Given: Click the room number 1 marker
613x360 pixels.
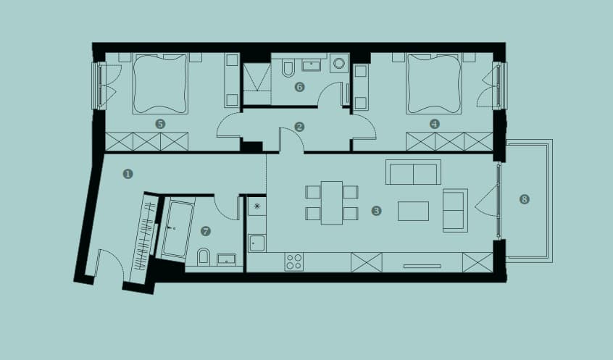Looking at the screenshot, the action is coord(128,174).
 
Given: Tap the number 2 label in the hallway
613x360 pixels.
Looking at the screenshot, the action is coord(299,127).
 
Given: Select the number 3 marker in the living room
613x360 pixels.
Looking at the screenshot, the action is coord(376,211).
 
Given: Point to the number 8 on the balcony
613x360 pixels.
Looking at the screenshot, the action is coord(525,199).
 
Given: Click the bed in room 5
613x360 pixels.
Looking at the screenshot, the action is coord(160,83).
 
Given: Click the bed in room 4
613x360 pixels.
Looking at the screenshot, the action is coord(434,83).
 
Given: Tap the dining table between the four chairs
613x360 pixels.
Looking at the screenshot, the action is coord(332,203).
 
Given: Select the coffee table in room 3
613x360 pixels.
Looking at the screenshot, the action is coord(413,211).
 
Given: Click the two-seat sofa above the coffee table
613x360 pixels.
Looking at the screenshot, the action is coord(413,172).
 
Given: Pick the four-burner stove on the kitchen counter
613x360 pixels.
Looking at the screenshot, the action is coord(294,262).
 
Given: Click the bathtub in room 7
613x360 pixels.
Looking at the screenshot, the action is coord(178,229).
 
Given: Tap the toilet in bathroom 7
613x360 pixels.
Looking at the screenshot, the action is coord(204,256).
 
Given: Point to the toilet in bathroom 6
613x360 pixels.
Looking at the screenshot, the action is coord(288,67).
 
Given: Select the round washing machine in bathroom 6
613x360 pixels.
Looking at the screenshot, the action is coord(339,63).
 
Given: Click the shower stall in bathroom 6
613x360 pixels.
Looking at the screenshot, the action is coord(257,83).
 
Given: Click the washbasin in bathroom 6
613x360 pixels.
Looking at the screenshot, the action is coord(312,65).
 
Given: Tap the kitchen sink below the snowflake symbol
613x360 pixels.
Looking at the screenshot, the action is coord(257,243).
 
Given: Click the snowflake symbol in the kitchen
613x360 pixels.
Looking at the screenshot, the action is coord(257,206).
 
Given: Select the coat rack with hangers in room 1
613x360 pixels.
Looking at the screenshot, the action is coord(145,238).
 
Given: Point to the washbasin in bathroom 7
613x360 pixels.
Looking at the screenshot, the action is coord(226,259).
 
